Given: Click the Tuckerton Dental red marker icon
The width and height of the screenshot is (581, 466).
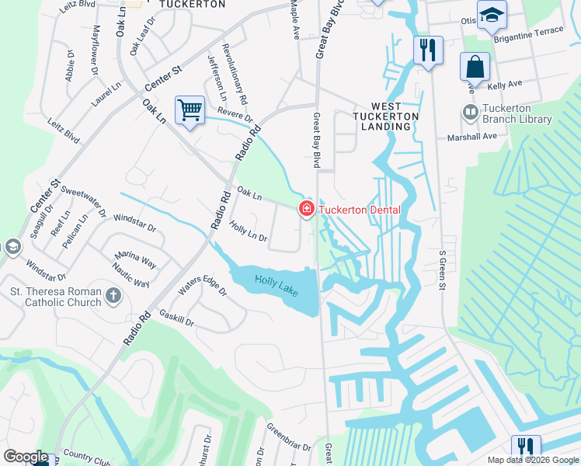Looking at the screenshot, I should pos(306,209).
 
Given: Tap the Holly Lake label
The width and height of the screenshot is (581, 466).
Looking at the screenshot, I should pos(276,284).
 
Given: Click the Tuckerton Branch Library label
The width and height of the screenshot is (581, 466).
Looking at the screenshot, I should pos(517,113).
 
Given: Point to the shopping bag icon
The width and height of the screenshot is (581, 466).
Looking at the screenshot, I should pos(475,66).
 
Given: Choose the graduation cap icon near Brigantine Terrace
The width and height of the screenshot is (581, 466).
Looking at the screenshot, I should pos(491,16).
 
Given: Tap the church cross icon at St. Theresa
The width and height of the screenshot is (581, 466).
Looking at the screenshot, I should pos(113,295).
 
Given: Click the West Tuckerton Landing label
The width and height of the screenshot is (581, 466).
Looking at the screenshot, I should pos(386,116).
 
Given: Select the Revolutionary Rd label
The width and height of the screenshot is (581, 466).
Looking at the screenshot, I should pos(235,73).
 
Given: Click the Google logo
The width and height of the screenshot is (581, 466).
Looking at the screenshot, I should pos(26,457).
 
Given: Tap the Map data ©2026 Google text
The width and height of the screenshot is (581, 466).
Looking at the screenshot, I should pos(534,460).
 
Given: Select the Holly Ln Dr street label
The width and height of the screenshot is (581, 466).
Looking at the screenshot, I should pos(248,231).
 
